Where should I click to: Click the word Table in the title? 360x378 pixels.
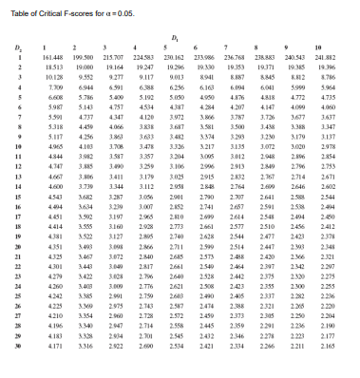coord(19,9)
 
